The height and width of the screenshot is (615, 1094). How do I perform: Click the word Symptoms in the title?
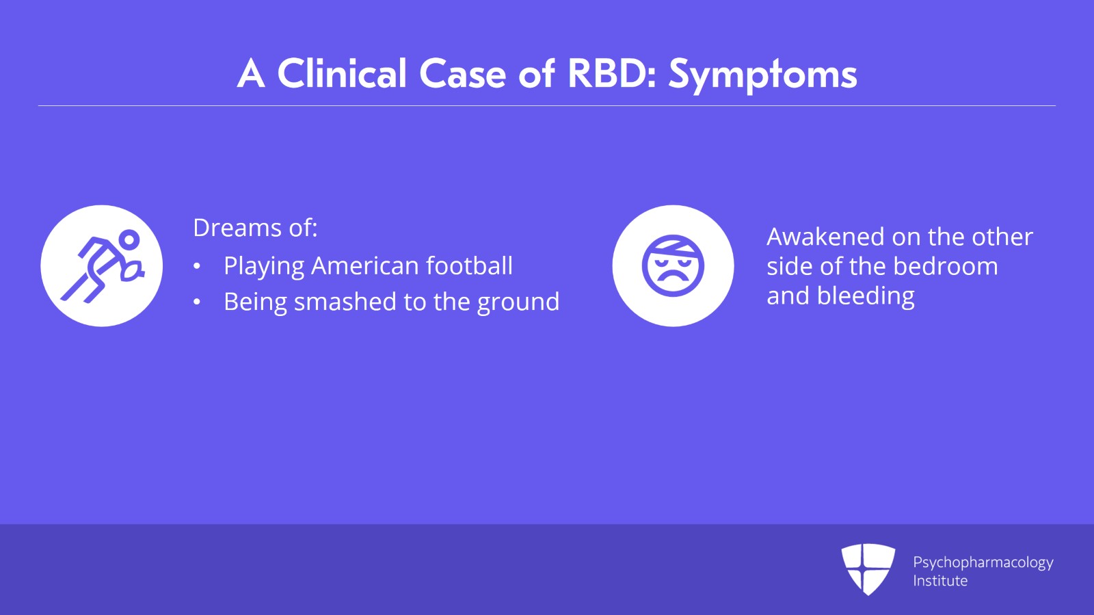pos(762,75)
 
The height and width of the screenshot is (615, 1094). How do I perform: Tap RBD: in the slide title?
pos(612,74)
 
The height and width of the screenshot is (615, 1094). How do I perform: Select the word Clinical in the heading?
pos(342,73)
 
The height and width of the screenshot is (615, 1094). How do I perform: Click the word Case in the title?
pos(462,74)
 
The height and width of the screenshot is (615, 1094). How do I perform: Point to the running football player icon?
pos(102,265)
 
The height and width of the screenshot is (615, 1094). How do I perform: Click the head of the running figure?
pos(129,239)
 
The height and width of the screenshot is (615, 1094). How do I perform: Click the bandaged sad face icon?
pos(673,265)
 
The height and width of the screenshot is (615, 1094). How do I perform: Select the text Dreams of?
pos(256,228)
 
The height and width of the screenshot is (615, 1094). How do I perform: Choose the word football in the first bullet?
pos(469,266)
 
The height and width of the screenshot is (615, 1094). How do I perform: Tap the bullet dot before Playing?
pos(197,267)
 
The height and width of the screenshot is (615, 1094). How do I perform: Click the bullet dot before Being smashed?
pos(197,302)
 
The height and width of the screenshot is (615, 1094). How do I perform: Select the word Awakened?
pos(825,237)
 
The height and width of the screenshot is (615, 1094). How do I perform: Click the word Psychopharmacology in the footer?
pos(983,563)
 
